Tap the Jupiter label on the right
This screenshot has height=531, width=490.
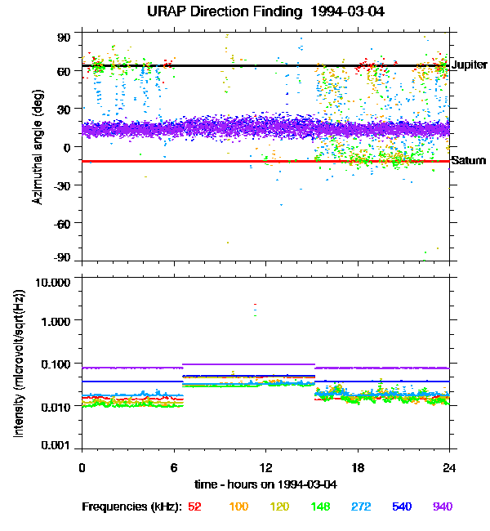point(469,64)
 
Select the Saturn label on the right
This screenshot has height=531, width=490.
point(469,160)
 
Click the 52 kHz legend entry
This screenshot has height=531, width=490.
point(194,506)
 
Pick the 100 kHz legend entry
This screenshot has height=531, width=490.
point(238,506)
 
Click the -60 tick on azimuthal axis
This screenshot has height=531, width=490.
point(62,222)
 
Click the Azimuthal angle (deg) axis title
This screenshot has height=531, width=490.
point(38,147)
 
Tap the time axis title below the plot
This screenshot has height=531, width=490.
point(265,484)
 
